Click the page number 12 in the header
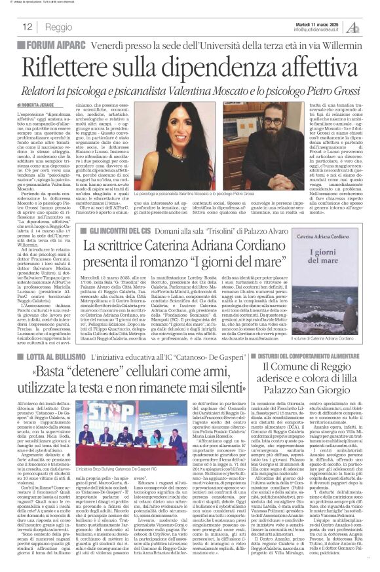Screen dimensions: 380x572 point(28,27)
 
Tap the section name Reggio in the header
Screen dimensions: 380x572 point(60,27)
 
